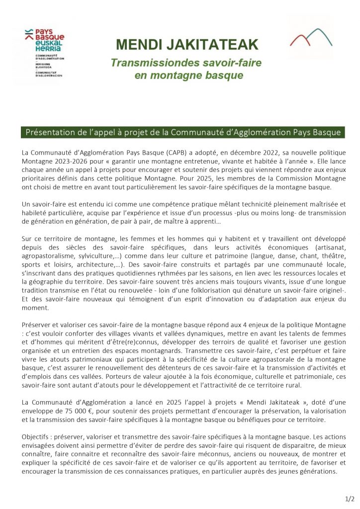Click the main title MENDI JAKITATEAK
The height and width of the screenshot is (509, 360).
pyautogui.click(x=187, y=45)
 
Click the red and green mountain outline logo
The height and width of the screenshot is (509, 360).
pyautogui.click(x=311, y=38)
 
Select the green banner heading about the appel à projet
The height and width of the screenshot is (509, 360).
pyautogui.click(x=181, y=132)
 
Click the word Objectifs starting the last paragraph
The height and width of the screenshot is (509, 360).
pyautogui.click(x=37, y=436)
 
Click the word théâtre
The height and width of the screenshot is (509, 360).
pyautogui.click(x=332, y=248)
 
